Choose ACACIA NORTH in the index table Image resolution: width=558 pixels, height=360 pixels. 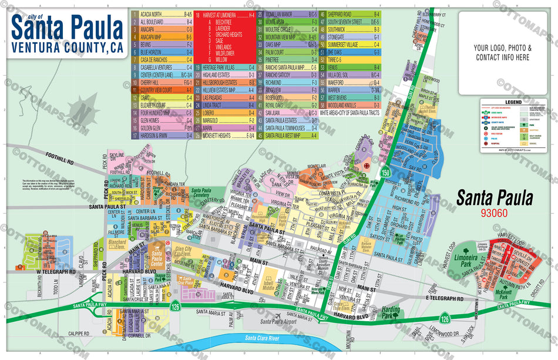point(152,13)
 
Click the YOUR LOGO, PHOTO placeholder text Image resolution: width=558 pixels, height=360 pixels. point(502,46)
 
